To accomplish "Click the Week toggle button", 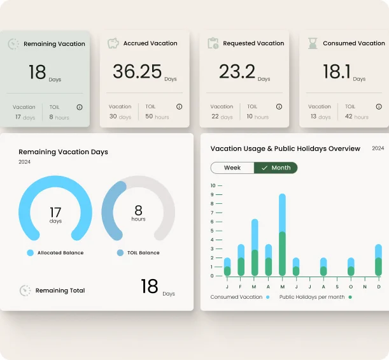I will (x=232, y=168).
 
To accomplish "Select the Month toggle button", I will (x=276, y=168).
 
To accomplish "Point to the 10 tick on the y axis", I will (x=213, y=185).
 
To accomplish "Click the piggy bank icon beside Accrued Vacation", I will (x=113, y=43).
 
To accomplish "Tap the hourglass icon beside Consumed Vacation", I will (x=313, y=43).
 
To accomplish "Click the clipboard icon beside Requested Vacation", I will (x=213, y=43).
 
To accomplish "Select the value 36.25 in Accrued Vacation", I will (x=137, y=71).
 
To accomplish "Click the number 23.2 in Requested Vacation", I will (x=237, y=71).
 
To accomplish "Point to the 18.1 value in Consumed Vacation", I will (x=336, y=71).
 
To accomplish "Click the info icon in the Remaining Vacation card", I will (x=80, y=107).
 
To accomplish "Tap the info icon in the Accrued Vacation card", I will (x=179, y=107).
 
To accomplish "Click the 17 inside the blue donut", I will (x=55, y=211).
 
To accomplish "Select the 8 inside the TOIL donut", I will (x=138, y=210).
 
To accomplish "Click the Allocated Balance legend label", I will (x=60, y=253).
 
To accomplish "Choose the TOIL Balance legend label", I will (x=143, y=253).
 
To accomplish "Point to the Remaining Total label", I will (x=60, y=291).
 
